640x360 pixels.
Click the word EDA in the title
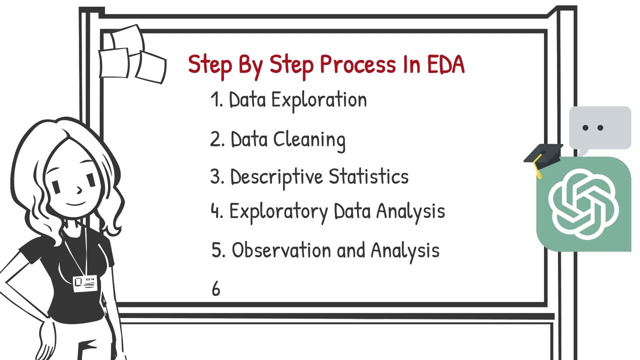(x=445, y=64)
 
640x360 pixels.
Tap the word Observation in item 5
(x=282, y=250)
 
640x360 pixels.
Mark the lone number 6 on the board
(x=215, y=289)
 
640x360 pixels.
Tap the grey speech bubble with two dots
(x=599, y=128)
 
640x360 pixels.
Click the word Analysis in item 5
(x=404, y=250)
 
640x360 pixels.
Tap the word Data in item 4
(x=352, y=212)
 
